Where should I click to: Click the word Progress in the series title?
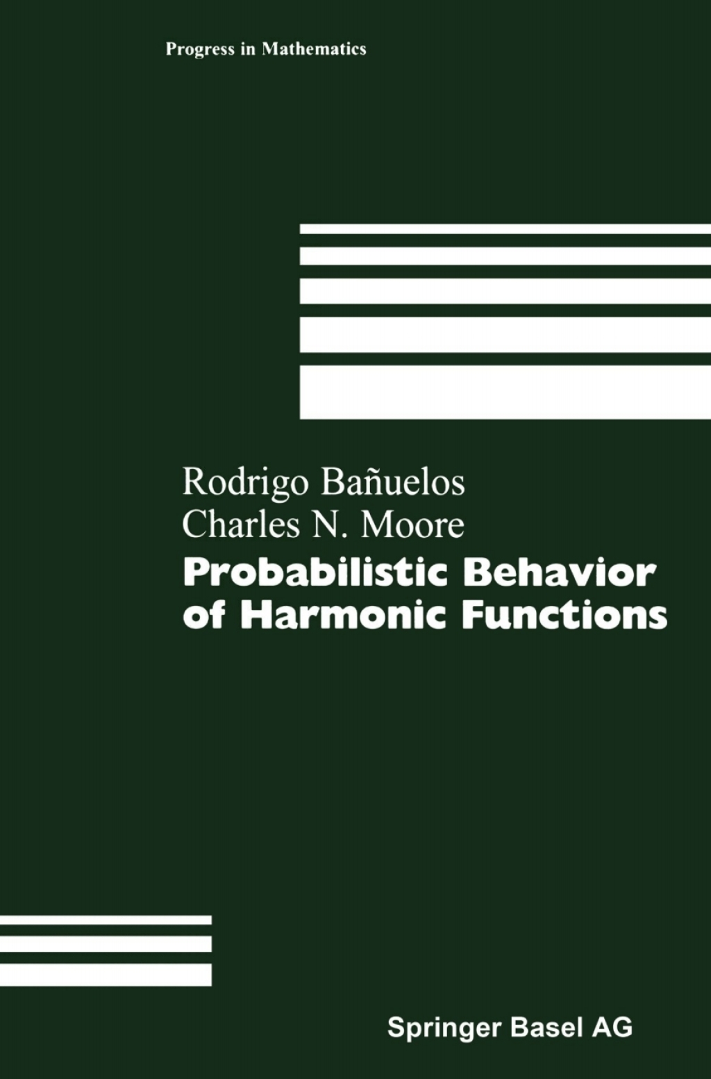tap(200, 49)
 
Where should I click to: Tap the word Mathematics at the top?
tap(314, 49)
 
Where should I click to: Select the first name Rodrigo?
tap(245, 483)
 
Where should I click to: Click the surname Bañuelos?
tap(393, 482)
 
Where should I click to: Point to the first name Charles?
tap(241, 525)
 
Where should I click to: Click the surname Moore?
tap(412, 525)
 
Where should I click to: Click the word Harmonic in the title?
tap(342, 616)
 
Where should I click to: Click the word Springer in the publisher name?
tap(444, 1028)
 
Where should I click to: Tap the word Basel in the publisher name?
tap(546, 1028)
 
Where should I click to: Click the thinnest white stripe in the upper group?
tap(505, 229)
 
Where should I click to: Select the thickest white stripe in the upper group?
tap(505, 392)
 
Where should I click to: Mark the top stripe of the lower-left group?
tap(106, 920)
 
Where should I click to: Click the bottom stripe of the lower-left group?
tap(106, 974)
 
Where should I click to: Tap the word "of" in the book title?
tap(203, 616)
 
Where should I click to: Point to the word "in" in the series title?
tap(248, 49)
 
